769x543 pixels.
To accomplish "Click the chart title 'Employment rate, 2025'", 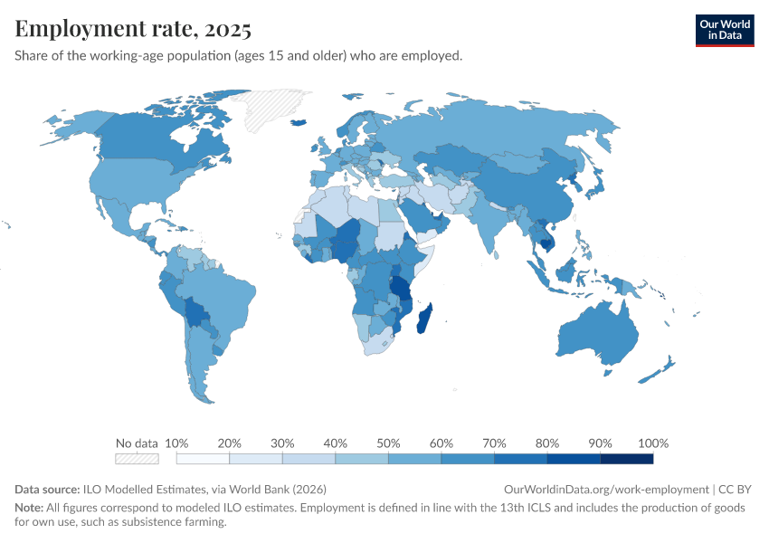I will click(133, 29).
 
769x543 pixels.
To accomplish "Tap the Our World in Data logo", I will click(724, 30).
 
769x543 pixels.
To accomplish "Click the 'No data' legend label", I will click(137, 443).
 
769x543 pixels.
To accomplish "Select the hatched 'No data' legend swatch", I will click(137, 459).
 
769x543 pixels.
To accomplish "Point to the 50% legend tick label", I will click(388, 443).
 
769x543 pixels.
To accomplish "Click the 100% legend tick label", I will click(653, 443).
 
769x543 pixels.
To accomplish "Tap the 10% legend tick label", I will click(177, 443).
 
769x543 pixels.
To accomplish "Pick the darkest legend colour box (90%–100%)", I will click(627, 459).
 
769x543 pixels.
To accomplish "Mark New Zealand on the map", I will click(659, 372).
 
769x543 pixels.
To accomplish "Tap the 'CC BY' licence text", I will click(736, 489).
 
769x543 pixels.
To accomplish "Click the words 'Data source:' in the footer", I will click(47, 489).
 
